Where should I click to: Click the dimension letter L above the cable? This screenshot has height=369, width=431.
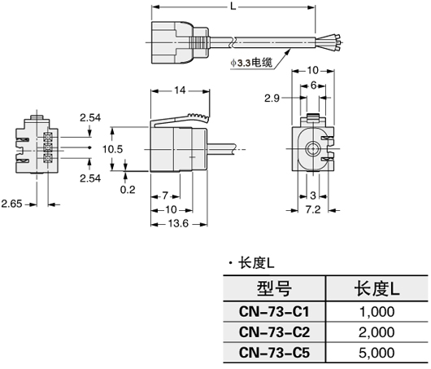[233, 7]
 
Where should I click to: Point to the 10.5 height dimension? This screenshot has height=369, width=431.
[112, 149]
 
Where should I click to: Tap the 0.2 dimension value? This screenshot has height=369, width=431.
[128, 190]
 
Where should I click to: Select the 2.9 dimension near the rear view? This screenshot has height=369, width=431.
[274, 98]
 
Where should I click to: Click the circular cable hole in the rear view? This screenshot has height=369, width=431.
[313, 150]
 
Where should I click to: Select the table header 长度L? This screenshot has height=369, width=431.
[376, 288]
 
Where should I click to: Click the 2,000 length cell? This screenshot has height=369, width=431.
[376, 332]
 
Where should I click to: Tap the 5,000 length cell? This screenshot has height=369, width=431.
[376, 353]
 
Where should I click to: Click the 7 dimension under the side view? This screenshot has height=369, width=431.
[165, 196]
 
